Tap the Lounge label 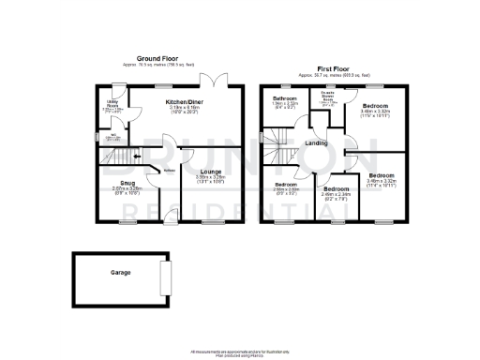tap(210, 172)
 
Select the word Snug tap(127, 184)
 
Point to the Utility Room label tap(112, 103)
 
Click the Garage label tap(120, 273)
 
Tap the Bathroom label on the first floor tap(285, 98)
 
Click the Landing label tap(316, 143)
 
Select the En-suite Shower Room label tap(328, 97)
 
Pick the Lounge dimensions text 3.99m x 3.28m tap(210, 177)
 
